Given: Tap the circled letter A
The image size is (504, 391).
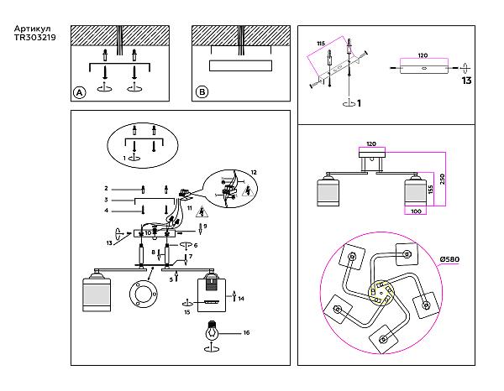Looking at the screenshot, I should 80,93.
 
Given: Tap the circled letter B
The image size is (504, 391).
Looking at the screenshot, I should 202,93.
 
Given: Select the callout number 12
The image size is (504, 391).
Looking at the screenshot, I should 255,172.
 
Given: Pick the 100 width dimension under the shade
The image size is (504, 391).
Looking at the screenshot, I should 416,211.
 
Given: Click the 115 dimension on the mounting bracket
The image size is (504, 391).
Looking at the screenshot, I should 320,43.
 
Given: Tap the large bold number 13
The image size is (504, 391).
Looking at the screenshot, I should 467,81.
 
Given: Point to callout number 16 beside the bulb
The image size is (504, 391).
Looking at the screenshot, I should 247,333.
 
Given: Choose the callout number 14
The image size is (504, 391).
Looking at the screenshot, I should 242,299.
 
